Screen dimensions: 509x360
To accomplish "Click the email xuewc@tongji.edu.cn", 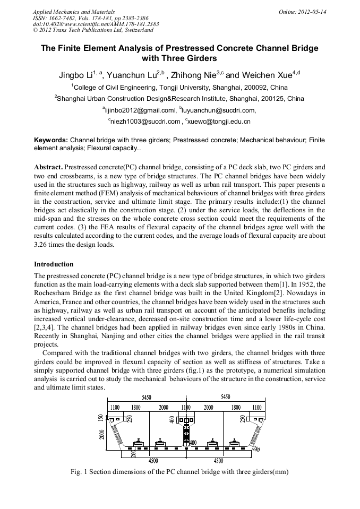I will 219,122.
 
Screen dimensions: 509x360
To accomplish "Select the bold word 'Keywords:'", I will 52,140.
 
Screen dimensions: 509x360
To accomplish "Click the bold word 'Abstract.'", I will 49,167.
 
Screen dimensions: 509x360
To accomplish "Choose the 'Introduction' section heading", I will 54,264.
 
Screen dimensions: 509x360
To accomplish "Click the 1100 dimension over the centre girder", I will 186,408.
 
